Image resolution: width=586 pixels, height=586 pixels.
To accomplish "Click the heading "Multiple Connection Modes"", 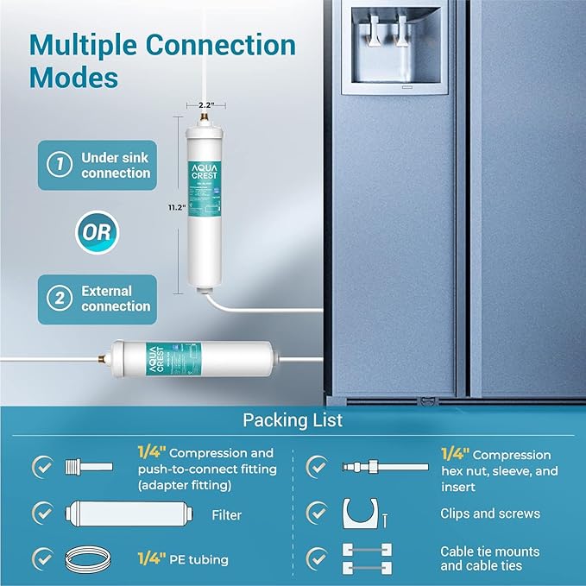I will pyautogui.click(x=162, y=60).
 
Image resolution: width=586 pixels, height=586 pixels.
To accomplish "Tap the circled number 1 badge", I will pyautogui.click(x=58, y=165).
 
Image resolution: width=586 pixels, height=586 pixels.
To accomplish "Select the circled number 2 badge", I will pyautogui.click(x=58, y=299).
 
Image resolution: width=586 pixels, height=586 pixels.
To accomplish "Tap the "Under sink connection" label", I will pyautogui.click(x=115, y=165).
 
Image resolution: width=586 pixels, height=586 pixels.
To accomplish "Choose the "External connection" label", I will pyautogui.click(x=115, y=299).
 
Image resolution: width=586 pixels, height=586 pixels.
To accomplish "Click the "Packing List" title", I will pyautogui.click(x=293, y=421).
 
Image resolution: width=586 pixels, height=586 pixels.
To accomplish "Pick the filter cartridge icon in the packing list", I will pyautogui.click(x=90, y=514).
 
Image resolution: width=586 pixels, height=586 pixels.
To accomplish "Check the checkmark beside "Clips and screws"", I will pyautogui.click(x=318, y=514).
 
